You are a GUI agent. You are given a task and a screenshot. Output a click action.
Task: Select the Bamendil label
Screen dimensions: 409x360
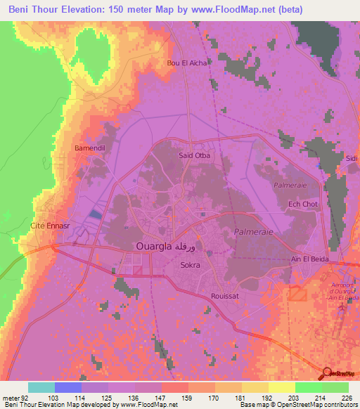point(90,149)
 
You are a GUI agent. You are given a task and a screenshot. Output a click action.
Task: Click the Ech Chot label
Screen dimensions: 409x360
point(304,204)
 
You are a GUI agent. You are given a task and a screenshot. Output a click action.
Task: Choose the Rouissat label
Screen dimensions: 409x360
point(225,297)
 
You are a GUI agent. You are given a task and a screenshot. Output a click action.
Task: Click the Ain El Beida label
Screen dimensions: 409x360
point(310,259)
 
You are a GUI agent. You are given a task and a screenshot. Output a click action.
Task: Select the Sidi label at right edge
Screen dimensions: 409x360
point(352,159)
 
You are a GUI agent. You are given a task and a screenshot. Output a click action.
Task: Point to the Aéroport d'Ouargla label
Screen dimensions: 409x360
point(340,292)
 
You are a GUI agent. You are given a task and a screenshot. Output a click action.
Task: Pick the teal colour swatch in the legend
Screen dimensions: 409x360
point(41,387)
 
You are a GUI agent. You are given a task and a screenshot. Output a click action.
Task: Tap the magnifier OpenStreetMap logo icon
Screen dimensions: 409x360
point(328,373)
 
